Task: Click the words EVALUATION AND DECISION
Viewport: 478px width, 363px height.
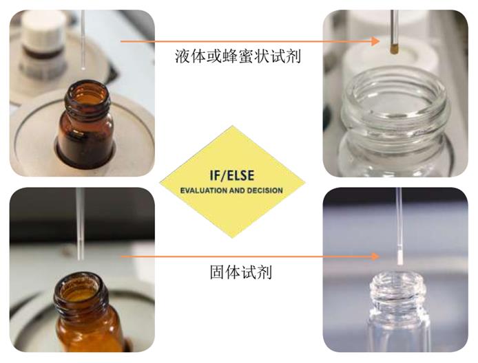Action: pos(231,190)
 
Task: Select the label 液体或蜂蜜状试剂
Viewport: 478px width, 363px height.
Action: pos(238,57)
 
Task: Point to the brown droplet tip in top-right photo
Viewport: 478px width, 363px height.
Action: pos(394,48)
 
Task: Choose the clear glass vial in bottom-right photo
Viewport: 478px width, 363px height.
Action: pos(397,316)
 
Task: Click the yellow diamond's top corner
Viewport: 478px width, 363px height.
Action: pos(233,126)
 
